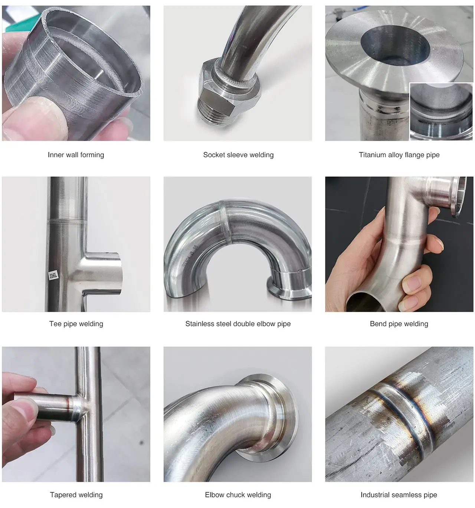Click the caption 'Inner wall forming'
76,155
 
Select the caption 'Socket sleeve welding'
238,155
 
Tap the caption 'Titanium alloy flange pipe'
399,155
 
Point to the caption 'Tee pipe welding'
76,324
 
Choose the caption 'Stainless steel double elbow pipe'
238,324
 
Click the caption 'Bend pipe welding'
399,324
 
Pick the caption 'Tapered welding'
76,495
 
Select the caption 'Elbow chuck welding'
238,495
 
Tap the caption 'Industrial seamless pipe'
399,495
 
